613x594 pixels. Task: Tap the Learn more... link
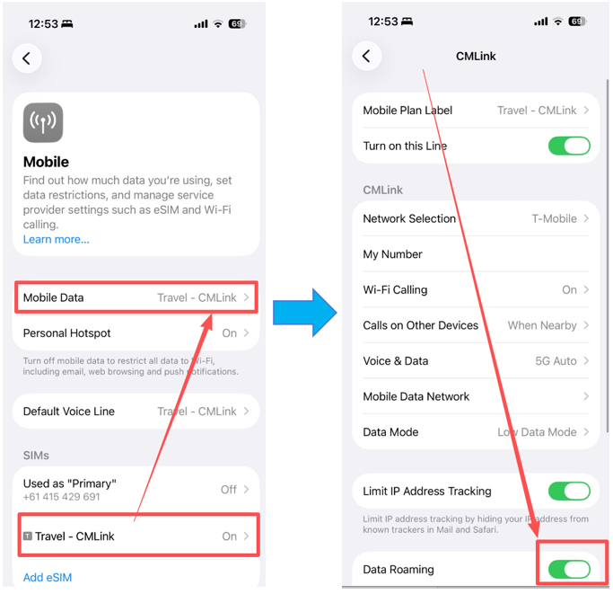[x=56, y=239]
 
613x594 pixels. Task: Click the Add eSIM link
[x=48, y=577]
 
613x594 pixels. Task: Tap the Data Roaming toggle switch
[x=569, y=569]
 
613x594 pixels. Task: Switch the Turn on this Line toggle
[x=569, y=146]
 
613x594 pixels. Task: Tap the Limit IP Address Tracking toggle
[x=569, y=491]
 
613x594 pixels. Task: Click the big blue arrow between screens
[x=304, y=313]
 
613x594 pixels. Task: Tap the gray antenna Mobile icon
[x=43, y=122]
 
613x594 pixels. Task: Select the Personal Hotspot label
[x=66, y=333]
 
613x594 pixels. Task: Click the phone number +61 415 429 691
[x=61, y=497]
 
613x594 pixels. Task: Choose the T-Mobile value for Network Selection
[x=554, y=218]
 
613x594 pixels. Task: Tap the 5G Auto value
[x=556, y=361]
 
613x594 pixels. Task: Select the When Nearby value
[x=542, y=325]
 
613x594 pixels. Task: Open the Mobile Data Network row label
[x=416, y=396]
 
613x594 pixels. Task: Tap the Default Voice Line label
[x=69, y=412]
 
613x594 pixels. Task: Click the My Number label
[x=392, y=254]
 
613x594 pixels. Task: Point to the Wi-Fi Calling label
[x=395, y=289]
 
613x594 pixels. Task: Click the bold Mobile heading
[x=46, y=162]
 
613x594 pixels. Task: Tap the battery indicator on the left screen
[x=237, y=24]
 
